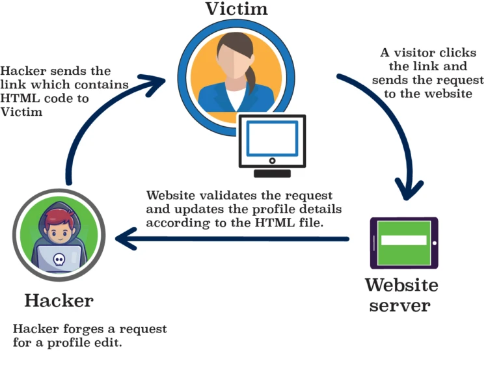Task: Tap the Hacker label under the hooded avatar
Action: (x=59, y=301)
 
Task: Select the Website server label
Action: (x=401, y=295)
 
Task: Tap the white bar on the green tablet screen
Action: (x=403, y=240)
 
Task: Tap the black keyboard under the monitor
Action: (x=272, y=173)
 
